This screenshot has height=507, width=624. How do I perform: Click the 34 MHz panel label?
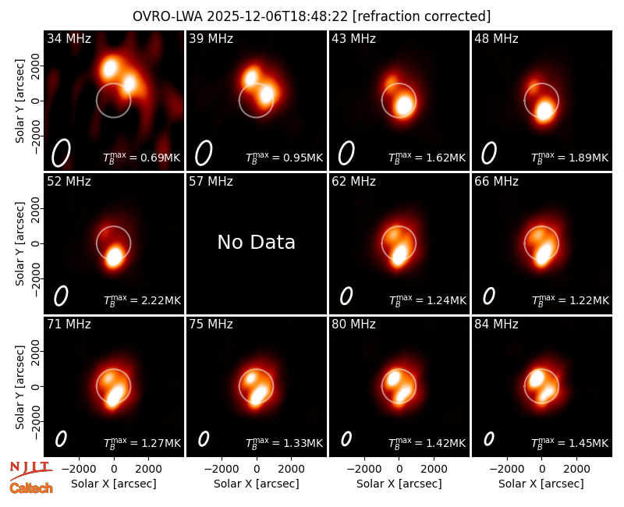pos(69,38)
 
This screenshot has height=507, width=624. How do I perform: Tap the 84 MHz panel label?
pos(496,324)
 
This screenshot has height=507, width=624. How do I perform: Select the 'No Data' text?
pos(257,242)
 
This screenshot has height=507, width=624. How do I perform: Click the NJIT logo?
pos(30,470)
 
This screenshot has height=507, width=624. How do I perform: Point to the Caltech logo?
pos(31,488)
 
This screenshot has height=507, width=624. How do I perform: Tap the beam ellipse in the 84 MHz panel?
pos(489,439)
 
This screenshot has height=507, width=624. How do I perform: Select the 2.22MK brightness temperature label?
pos(142,300)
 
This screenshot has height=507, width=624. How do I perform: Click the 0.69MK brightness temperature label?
pos(142,158)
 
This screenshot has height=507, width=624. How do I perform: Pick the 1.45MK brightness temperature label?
pos(570,443)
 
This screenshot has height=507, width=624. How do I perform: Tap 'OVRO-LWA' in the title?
pos(168,16)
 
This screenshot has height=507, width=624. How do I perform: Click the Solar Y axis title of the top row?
pos(19,101)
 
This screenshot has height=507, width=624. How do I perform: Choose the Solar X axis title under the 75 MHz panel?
pos(257,484)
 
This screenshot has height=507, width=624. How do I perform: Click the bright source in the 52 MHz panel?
pos(115,257)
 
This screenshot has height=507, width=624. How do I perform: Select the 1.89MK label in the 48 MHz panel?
pos(570,158)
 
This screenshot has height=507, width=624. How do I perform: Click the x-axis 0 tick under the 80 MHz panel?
pos(399,469)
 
